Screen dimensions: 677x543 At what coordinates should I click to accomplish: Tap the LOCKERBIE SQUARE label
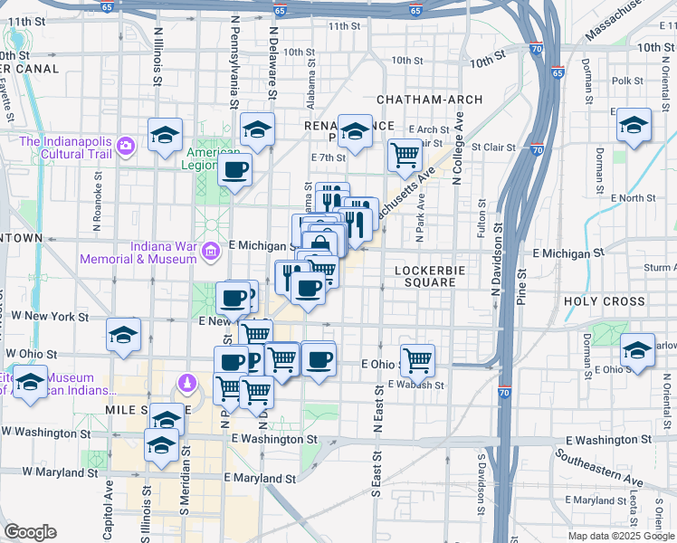click(x=430, y=276)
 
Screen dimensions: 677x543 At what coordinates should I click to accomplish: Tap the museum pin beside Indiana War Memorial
click(x=210, y=251)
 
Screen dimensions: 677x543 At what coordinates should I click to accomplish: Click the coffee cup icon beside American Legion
click(x=234, y=169)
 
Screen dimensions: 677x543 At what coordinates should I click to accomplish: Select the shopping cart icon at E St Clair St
click(x=405, y=155)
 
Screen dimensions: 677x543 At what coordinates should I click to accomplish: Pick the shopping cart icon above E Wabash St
click(x=417, y=360)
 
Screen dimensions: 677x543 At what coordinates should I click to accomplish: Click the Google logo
click(x=31, y=532)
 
